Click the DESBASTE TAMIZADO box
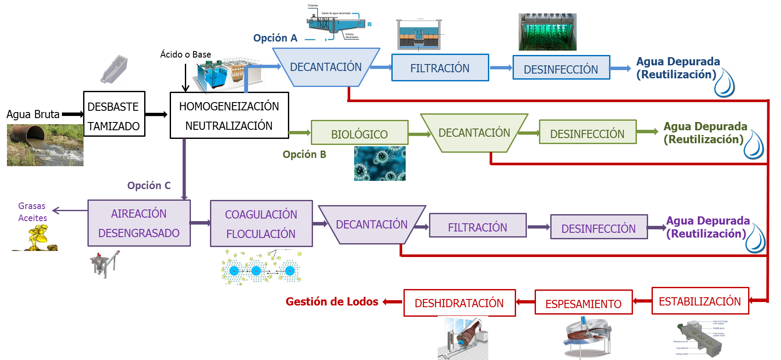(x=114, y=114)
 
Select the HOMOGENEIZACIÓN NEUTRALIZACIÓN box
(x=229, y=116)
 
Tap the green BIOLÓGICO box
(x=359, y=133)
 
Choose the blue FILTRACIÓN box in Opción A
(x=440, y=67)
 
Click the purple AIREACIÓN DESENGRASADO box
(x=139, y=223)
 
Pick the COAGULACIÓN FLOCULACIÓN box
(x=261, y=224)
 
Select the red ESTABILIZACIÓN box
(x=700, y=301)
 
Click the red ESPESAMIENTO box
(x=584, y=302)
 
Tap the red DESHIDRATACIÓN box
(x=459, y=303)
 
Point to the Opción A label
(x=275, y=38)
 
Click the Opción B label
(x=304, y=154)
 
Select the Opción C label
(x=148, y=186)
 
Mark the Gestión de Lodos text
(x=332, y=302)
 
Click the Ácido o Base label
(x=185, y=55)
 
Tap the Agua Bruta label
(x=33, y=114)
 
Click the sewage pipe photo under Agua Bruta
(x=45, y=145)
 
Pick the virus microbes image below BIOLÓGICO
(x=380, y=164)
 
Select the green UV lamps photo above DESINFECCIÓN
(x=548, y=32)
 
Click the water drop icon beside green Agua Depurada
(x=753, y=145)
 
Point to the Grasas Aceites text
(x=32, y=212)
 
